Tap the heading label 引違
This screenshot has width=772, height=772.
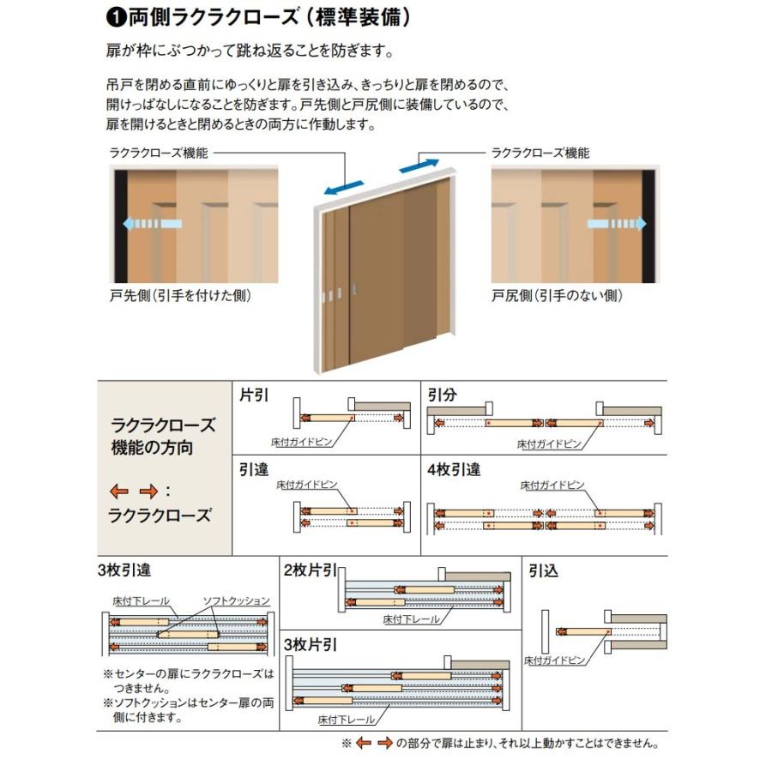click(x=256, y=469)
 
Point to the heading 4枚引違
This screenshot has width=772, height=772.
click(x=454, y=469)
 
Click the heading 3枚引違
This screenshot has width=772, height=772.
click(x=124, y=569)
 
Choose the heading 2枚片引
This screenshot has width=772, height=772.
click(x=309, y=569)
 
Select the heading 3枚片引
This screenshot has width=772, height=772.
click(x=309, y=643)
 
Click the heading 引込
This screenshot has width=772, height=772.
click(x=544, y=570)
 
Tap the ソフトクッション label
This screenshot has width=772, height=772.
click(x=236, y=600)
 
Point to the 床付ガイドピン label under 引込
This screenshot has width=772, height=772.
click(x=554, y=661)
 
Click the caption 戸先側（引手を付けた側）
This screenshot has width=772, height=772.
click(x=182, y=295)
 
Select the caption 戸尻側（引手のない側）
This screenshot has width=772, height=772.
click(x=557, y=295)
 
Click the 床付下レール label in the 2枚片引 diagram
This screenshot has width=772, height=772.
click(x=412, y=618)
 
